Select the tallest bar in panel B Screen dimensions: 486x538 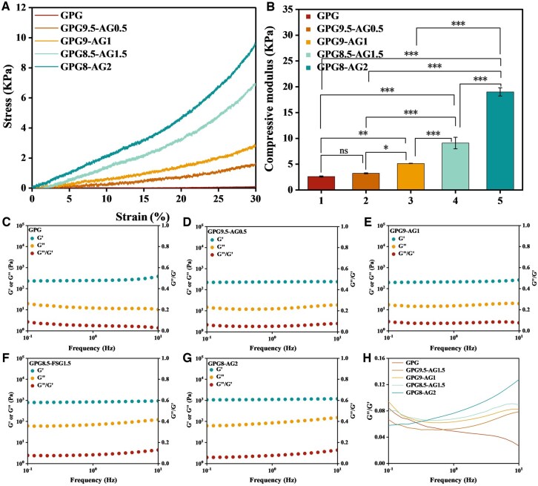pos(499,140)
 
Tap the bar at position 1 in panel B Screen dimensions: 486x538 pos(321,182)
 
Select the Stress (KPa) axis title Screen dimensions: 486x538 pos(10,99)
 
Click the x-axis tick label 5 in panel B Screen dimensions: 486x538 pos(499,202)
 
